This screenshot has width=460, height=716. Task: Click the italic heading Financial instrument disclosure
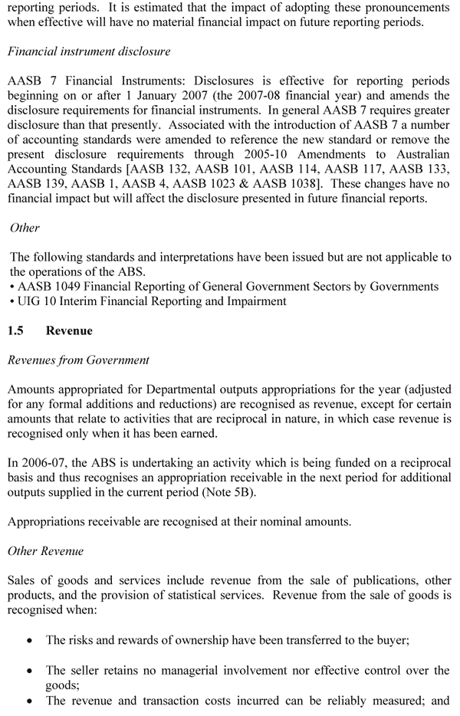(88, 51)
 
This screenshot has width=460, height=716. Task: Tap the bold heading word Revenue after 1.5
(69, 331)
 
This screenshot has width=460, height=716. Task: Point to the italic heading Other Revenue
(45, 551)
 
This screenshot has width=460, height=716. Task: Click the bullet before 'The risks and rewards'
(29, 641)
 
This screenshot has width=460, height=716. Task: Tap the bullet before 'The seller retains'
(29, 671)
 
